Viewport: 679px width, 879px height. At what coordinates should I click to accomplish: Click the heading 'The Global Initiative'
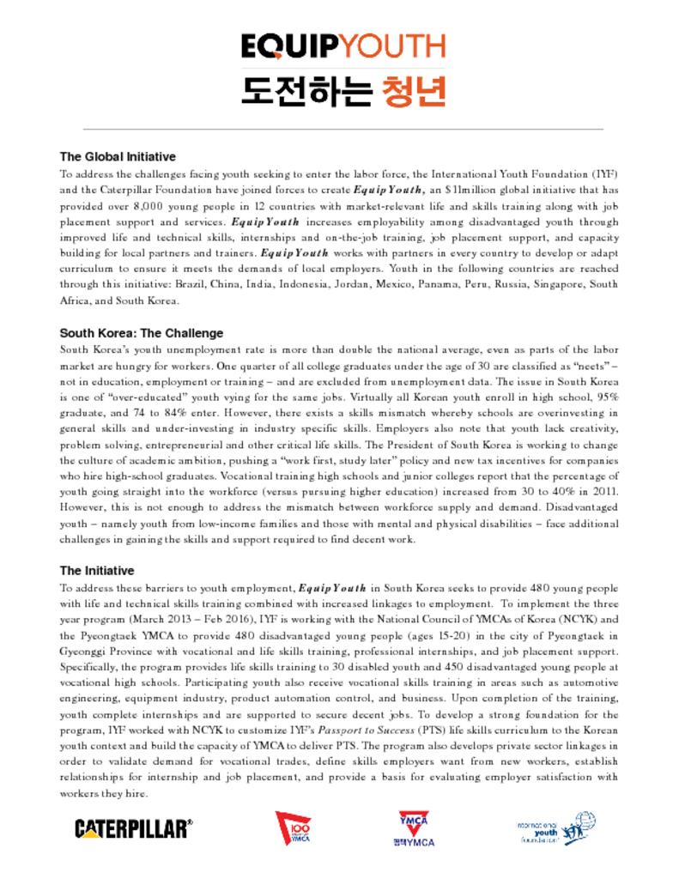(x=118, y=157)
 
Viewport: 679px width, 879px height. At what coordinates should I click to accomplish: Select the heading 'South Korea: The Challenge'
(x=141, y=333)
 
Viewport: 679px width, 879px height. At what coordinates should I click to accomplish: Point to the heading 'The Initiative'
(x=96, y=571)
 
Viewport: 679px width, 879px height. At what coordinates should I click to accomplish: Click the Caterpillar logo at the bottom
(x=133, y=828)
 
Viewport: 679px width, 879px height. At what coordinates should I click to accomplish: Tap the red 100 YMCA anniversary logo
(x=293, y=828)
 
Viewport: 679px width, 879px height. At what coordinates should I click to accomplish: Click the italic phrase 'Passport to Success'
(x=373, y=730)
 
